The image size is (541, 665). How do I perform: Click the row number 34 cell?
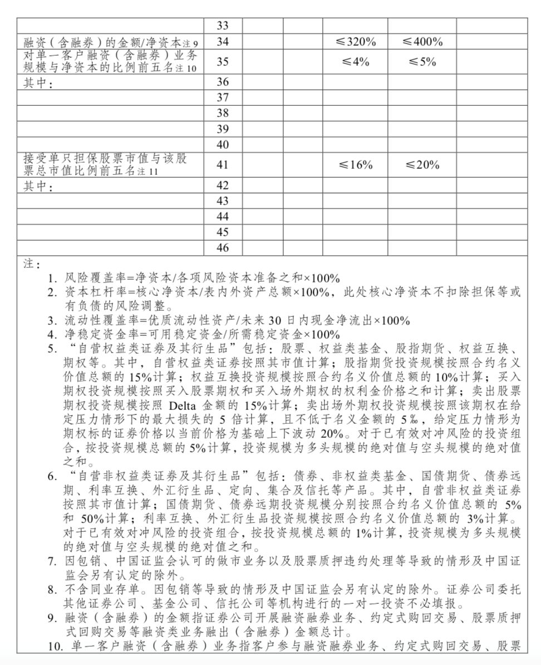(223, 42)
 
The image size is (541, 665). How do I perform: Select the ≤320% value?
(355, 42)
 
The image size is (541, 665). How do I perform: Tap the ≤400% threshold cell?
(422, 42)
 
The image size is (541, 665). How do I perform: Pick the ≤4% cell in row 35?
(355, 62)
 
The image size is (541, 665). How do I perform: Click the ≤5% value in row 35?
(422, 62)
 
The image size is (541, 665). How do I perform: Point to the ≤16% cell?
(355, 165)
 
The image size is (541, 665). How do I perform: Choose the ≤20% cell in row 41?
(422, 165)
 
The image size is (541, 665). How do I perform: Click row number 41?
(223, 165)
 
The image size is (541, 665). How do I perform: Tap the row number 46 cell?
(223, 248)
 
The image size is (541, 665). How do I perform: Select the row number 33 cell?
(223, 26)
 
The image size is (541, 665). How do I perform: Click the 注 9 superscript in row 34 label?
(191, 43)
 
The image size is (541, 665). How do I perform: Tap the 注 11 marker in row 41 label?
(149, 172)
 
